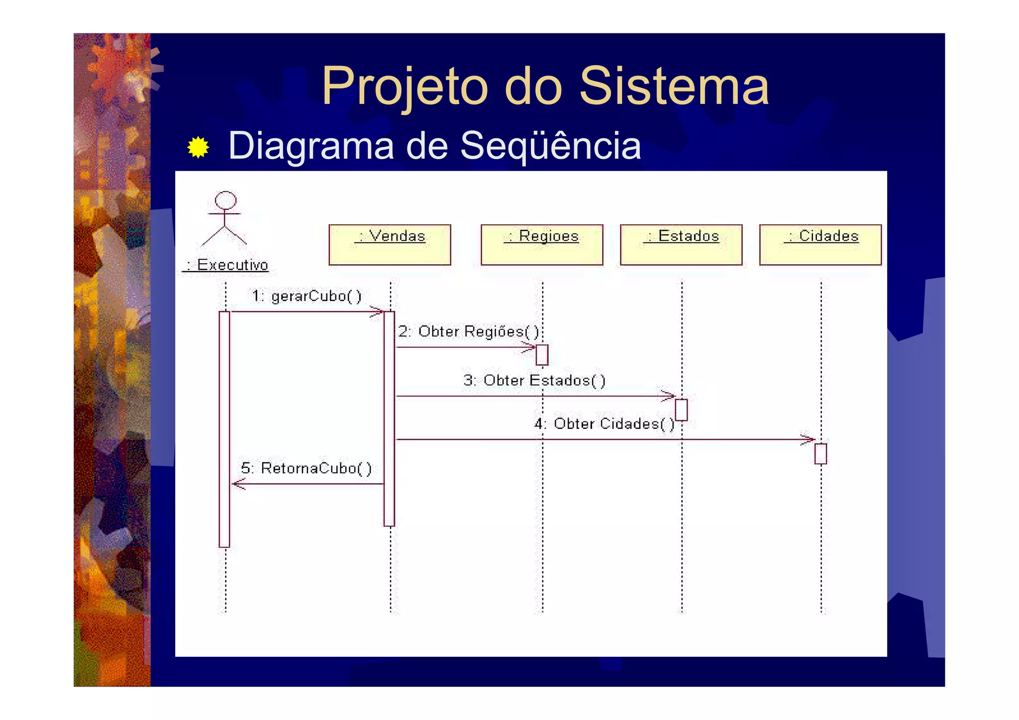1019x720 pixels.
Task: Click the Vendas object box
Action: tap(390, 244)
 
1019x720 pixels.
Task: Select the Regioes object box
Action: tap(542, 244)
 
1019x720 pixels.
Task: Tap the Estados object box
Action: tap(681, 244)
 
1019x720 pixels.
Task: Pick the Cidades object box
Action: tap(820, 244)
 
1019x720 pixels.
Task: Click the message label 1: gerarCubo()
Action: tap(306, 296)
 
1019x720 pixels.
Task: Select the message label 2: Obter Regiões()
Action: tap(469, 331)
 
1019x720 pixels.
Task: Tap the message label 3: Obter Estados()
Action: tap(534, 381)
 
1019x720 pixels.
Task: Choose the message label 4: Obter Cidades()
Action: tap(605, 424)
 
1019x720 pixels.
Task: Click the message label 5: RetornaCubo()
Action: tap(306, 468)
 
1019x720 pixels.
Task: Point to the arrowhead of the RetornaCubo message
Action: tap(238, 484)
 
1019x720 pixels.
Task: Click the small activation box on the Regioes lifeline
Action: tap(542, 355)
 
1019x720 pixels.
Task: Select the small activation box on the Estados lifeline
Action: tap(681, 410)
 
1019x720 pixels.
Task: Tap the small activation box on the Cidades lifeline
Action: tap(820, 454)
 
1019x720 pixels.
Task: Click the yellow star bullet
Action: tap(198, 147)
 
